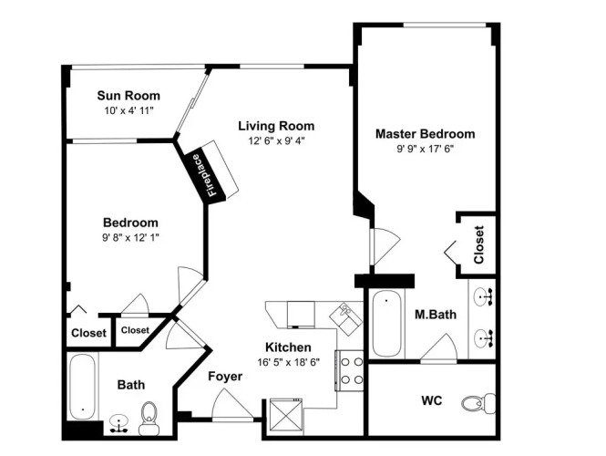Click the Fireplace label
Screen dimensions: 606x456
pos(204,175)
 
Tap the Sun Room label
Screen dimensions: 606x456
pos(128,96)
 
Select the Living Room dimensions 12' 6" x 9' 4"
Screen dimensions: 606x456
pos(276,140)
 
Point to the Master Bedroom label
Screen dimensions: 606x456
pos(426,134)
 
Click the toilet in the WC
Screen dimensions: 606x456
pos(478,403)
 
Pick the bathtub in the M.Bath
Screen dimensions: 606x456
pos(386,324)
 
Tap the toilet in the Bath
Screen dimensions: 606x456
pos(149,418)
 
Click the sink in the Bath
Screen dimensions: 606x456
pos(118,423)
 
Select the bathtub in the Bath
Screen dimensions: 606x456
pos(82,387)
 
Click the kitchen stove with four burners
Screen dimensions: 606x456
pos(349,371)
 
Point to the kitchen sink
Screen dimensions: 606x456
pos(346,318)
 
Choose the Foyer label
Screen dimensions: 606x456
pos(225,377)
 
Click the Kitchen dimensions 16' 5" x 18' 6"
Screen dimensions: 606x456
pos(288,362)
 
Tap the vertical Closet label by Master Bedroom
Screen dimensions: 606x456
pos(478,244)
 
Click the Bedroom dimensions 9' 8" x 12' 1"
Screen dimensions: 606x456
pos(130,237)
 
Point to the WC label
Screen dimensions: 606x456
pos(432,400)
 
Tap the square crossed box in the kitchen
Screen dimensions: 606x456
pos(285,414)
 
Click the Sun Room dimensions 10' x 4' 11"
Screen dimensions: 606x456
pos(128,110)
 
